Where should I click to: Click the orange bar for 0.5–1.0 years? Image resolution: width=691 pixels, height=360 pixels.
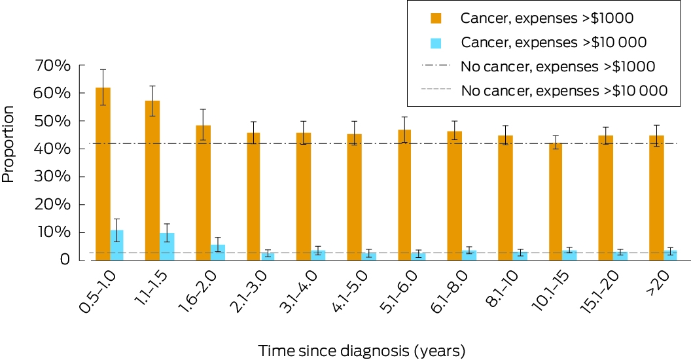[103, 174]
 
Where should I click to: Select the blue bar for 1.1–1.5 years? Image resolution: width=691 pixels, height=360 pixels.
[167, 247]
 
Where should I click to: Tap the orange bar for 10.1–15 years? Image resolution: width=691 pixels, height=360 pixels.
[556, 202]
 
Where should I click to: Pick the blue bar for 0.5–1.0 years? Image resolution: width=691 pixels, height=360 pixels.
[116, 245]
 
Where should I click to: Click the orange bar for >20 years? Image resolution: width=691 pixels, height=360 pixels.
[656, 198]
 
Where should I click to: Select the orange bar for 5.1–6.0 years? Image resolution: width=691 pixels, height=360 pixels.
[404, 195]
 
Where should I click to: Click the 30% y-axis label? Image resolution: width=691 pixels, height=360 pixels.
[53, 177]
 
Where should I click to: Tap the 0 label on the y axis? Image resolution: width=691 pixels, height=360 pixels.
[64, 260]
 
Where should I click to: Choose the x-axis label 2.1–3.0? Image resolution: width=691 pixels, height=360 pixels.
[249, 291]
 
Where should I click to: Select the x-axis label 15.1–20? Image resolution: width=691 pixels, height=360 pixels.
[599, 291]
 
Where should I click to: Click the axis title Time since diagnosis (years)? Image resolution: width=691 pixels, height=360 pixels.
[361, 351]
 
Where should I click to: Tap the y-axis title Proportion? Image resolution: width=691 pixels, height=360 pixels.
[8, 144]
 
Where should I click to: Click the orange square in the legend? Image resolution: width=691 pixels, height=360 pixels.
[436, 18]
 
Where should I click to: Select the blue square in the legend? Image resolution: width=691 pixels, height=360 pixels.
[436, 43]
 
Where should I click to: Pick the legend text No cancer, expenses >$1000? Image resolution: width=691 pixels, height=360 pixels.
[558, 67]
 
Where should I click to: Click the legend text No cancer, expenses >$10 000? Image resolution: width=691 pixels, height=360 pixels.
[564, 91]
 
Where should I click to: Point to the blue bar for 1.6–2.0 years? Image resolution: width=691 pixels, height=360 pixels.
[218, 253]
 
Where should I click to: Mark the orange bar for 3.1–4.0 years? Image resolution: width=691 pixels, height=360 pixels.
[303, 196]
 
